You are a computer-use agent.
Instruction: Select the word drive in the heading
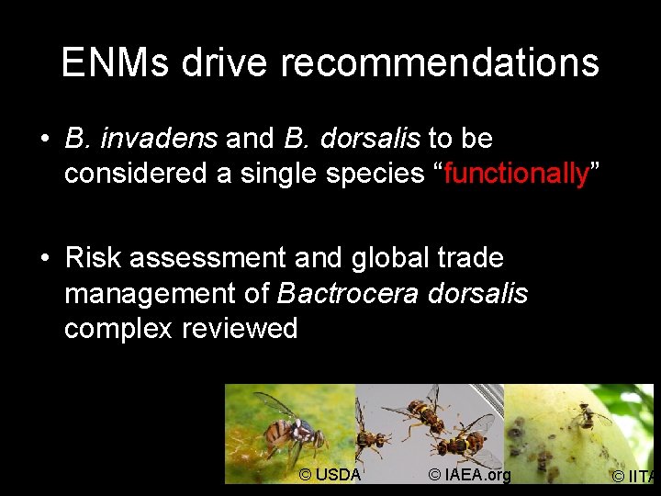226,63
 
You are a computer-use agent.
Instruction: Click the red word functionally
516,173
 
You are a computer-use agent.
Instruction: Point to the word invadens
159,139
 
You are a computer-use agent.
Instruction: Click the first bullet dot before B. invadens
44,140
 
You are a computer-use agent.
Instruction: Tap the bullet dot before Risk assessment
44,259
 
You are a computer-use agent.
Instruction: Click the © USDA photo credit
330,474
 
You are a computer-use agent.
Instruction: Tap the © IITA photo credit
635,476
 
